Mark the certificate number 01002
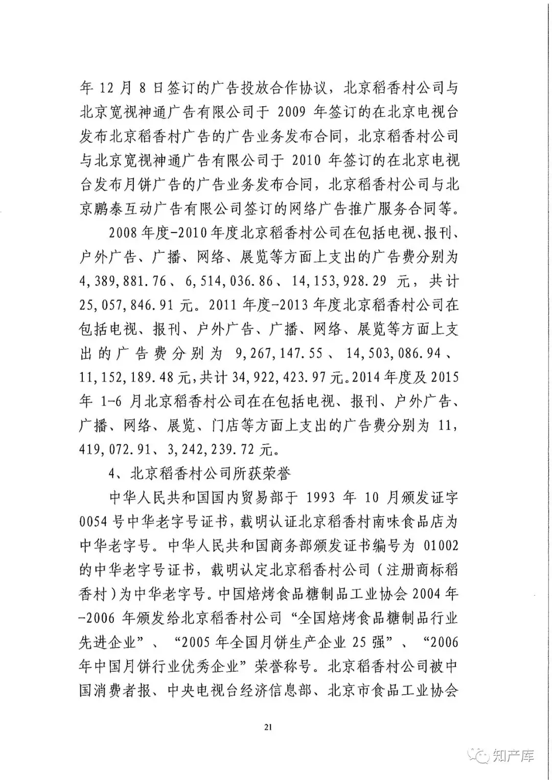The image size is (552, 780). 441,546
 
